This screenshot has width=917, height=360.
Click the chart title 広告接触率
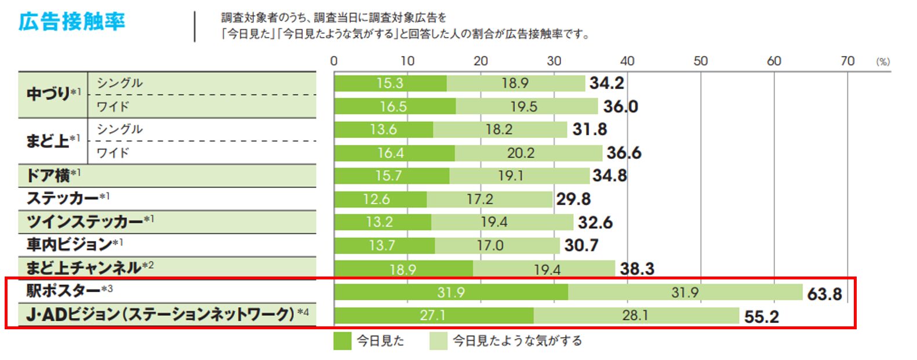(x=72, y=22)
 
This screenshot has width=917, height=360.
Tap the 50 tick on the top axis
(x=700, y=61)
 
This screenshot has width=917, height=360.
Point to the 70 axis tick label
(x=847, y=61)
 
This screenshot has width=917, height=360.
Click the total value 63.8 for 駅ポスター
(x=824, y=294)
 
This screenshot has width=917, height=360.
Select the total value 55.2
(x=761, y=317)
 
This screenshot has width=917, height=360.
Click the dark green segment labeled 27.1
(x=433, y=315)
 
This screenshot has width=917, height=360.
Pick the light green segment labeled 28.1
(x=635, y=315)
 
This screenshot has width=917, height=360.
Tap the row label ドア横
(x=49, y=175)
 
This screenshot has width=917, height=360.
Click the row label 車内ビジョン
(x=70, y=245)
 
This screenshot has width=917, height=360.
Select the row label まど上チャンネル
(x=84, y=268)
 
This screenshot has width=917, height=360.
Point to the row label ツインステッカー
(x=85, y=221)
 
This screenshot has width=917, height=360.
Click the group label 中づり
(x=49, y=94)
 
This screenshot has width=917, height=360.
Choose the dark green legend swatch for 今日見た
(x=343, y=341)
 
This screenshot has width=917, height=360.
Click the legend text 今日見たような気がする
(x=517, y=341)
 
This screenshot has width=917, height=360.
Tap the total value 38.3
(x=636, y=269)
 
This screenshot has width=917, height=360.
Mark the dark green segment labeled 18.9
(x=403, y=269)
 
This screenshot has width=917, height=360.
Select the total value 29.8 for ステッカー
(x=573, y=199)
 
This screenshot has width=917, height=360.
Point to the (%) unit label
(x=883, y=61)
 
